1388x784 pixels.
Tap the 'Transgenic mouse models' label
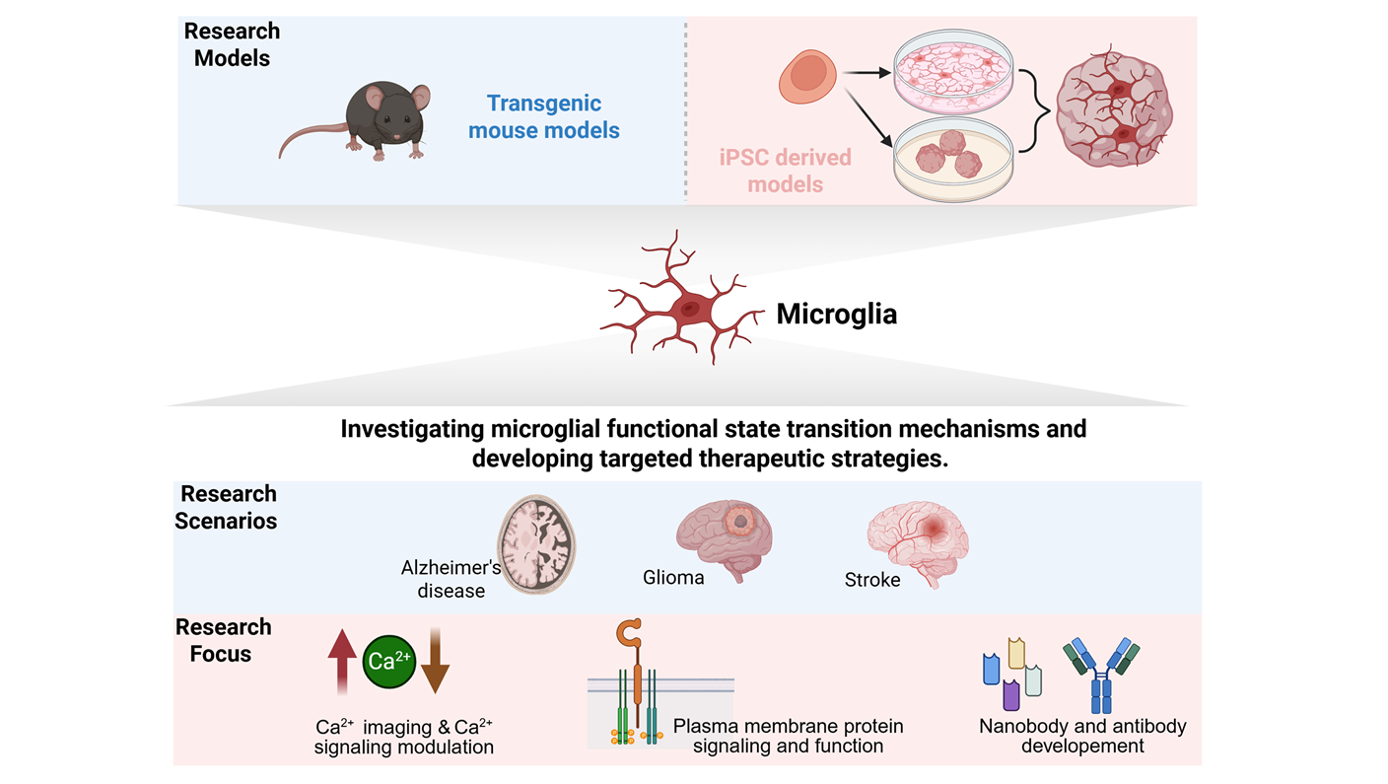(x=544, y=116)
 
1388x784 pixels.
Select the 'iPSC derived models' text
(x=786, y=170)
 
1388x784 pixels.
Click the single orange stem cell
(x=808, y=79)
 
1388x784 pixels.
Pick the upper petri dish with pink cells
(x=952, y=75)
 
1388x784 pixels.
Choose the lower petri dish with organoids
(x=952, y=158)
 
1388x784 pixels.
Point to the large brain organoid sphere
(x=1114, y=116)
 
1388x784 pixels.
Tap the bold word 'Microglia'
(x=837, y=316)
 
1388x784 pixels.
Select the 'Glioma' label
(x=673, y=578)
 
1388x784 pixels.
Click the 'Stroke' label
(x=872, y=580)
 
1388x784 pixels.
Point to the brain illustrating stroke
(x=919, y=542)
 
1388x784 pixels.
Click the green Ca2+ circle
(x=390, y=660)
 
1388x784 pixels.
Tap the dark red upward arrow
(x=342, y=661)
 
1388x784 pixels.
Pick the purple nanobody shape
(x=1010, y=695)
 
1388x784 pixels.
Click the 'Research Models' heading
(x=232, y=44)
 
